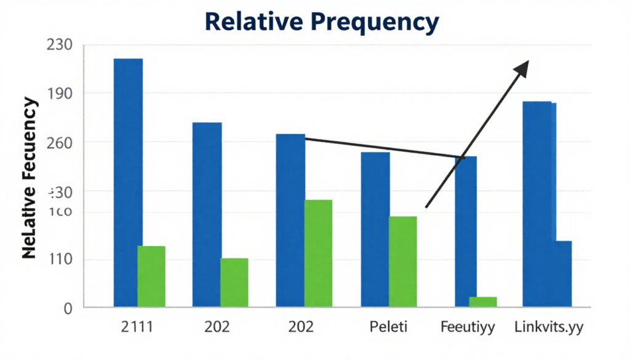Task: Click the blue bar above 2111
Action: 128,154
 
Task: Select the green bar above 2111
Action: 151,276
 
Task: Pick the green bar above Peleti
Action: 403,262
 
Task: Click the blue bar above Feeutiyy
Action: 465,231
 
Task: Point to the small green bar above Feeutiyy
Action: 483,302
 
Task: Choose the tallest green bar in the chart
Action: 319,253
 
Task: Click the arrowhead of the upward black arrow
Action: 522,68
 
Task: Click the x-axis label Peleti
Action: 388,327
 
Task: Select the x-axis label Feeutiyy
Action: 468,327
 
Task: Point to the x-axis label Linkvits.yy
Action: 549,327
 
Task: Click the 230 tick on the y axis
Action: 60,45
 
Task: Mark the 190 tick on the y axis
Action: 60,94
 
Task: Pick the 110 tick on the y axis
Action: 60,259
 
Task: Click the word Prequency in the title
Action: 374,22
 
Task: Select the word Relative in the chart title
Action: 252,22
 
